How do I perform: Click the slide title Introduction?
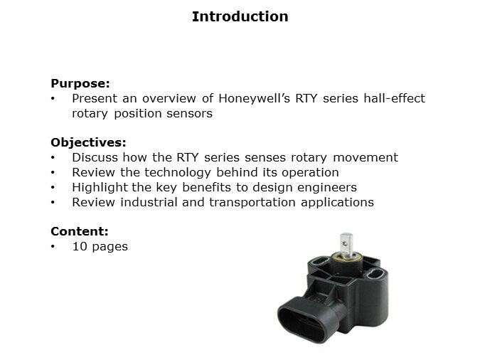coord(240,16)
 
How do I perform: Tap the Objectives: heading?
coord(88,142)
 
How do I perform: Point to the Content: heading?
coord(79,232)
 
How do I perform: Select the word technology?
coord(164,172)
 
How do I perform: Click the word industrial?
coord(144,202)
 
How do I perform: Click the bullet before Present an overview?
coord(53,99)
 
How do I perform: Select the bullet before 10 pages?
coord(53,248)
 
